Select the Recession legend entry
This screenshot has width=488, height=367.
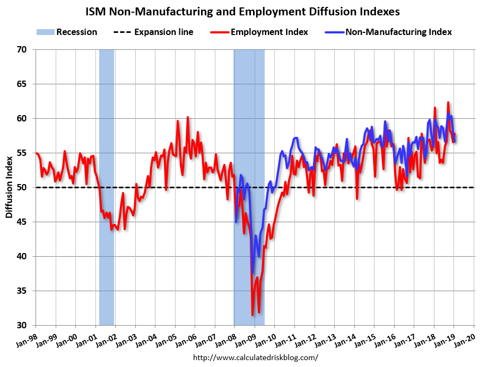[x=67, y=32]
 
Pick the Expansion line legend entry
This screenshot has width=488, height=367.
[x=154, y=32]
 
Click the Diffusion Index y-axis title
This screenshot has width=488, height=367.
[x=9, y=188]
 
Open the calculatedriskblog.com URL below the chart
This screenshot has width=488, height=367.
[x=255, y=357]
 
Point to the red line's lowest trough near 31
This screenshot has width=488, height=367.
[x=252, y=315]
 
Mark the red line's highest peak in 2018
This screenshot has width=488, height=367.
[x=448, y=102]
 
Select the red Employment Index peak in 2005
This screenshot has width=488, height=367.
[x=187, y=117]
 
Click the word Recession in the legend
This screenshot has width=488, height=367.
[x=76, y=32]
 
